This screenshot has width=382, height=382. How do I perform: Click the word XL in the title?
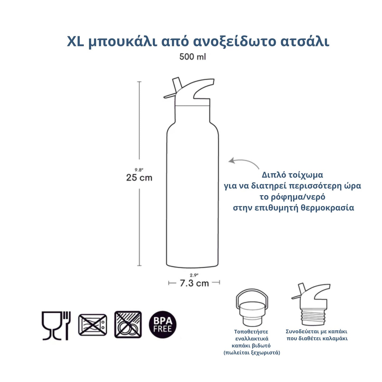[75, 42]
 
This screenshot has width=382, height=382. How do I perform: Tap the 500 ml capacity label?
[192, 57]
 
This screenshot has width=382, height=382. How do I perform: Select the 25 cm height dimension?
[139, 178]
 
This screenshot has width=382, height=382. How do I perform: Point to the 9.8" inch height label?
[139, 170]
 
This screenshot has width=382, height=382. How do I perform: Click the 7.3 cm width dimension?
[194, 283]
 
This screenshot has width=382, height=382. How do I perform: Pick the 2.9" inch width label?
[194, 275]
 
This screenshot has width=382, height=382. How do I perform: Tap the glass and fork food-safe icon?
[56, 325]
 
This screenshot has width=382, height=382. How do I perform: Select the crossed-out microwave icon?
[93, 325]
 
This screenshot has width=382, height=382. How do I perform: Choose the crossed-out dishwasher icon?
[128, 324]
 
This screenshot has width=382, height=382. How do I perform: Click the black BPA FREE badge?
[163, 324]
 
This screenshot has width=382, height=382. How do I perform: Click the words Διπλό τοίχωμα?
[292, 175]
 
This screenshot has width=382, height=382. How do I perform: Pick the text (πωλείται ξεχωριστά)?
[252, 353]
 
